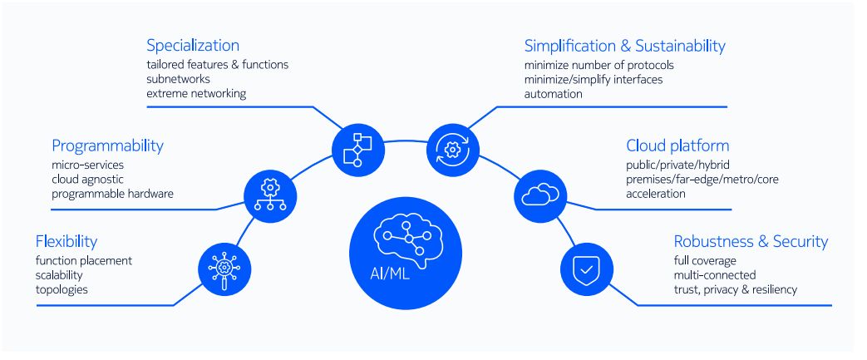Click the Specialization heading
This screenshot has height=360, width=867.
click(193, 46)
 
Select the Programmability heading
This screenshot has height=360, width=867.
click(108, 146)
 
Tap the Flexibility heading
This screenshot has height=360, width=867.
click(67, 242)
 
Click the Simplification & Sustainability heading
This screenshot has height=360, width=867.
click(625, 46)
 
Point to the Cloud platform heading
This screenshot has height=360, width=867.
click(677, 146)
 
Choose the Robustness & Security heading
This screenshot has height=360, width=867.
click(751, 242)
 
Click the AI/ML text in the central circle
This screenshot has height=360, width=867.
click(391, 274)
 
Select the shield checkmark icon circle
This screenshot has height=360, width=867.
click(587, 269)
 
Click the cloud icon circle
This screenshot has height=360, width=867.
click(541, 195)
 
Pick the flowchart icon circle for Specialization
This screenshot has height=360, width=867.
click(357, 150)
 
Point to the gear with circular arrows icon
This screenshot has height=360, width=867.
click(453, 150)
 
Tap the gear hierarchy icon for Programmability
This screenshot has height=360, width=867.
click(270, 195)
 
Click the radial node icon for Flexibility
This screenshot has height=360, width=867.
click(224, 269)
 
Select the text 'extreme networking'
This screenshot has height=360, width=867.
click(196, 93)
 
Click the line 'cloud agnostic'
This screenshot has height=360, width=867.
click(88, 180)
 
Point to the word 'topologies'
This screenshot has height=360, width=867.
click(62, 289)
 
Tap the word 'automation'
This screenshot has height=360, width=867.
click(554, 93)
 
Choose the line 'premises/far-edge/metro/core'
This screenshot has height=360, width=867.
click(702, 180)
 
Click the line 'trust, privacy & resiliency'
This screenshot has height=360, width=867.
click(736, 289)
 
